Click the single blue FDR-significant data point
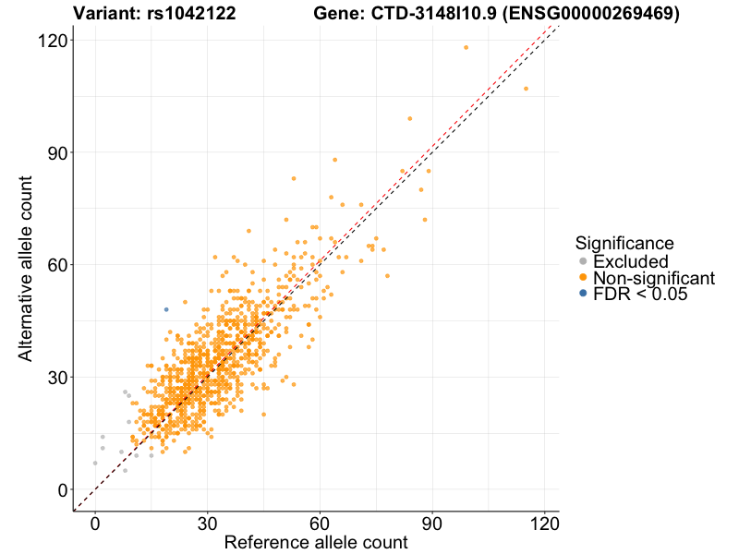click(166, 309)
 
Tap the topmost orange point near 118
click(466, 47)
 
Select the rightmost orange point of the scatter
click(526, 89)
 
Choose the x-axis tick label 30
click(207, 521)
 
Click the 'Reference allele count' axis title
click(316, 542)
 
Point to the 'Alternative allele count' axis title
click(27, 268)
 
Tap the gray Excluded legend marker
click(582, 262)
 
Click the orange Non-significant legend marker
click(582, 278)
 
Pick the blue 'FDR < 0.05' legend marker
click(582, 294)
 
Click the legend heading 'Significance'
click(624, 243)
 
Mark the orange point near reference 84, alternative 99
click(409, 118)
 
